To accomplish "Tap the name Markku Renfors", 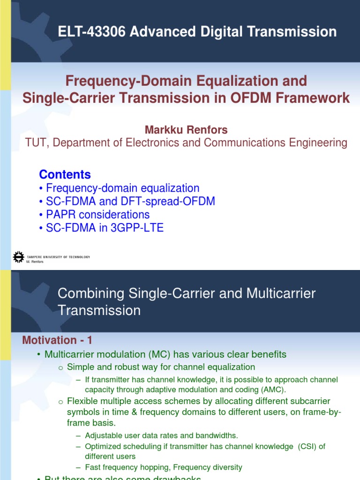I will tap(186, 129).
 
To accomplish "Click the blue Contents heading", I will tap(65, 174).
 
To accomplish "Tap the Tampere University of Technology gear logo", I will tap(18, 256).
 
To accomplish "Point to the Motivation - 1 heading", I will tap(58, 340).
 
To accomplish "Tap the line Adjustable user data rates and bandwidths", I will tap(161, 435).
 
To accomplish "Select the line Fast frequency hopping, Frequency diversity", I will tap(163, 467).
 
